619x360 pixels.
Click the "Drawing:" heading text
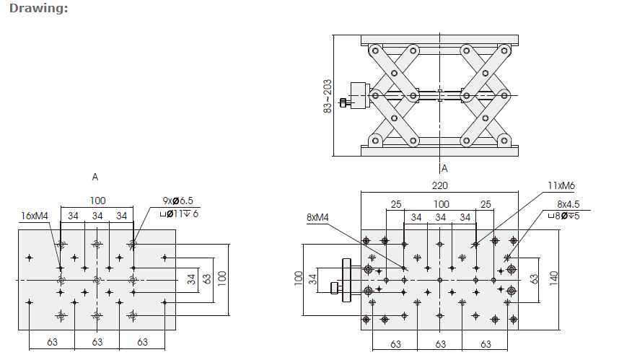pos(39,9)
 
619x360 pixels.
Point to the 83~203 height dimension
pos(327,95)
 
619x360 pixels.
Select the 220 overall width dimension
pos(439,185)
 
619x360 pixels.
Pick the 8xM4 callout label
pos(318,216)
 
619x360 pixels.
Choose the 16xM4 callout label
pos(35,216)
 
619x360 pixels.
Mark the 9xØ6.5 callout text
pos(177,201)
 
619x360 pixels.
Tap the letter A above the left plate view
pos(95,177)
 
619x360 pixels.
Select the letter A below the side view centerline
pos(444,169)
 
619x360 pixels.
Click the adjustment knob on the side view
pos(358,95)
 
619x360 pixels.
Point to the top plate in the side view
pos(439,38)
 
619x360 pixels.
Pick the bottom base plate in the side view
pos(439,149)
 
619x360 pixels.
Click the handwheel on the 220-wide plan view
pos(348,279)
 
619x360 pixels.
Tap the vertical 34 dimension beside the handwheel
pos(313,279)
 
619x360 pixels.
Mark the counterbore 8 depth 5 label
pos(564,215)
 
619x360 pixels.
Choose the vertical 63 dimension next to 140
pos(535,278)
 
